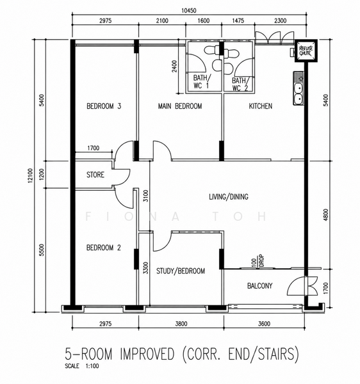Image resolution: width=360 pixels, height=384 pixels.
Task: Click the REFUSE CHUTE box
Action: [306, 51]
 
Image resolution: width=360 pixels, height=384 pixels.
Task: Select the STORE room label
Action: [95, 175]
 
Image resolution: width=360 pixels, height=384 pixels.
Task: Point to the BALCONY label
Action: [260, 286]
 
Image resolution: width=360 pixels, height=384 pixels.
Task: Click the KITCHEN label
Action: [261, 106]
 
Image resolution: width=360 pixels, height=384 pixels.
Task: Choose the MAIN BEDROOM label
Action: [180, 106]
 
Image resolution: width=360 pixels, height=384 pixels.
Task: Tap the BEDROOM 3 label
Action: [104, 106]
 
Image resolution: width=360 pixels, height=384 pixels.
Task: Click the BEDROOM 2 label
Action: [104, 248]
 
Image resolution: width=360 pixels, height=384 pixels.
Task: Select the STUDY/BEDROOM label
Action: [181, 271]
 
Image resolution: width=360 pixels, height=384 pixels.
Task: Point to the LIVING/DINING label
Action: [229, 196]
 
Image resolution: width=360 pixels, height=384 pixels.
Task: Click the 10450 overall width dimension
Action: [189, 10]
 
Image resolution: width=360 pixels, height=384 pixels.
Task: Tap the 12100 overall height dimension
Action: [30, 175]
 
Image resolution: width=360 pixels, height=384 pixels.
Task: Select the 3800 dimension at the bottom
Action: [181, 324]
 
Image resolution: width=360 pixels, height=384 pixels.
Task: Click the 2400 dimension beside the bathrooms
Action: [174, 66]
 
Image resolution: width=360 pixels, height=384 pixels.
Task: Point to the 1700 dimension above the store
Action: [94, 148]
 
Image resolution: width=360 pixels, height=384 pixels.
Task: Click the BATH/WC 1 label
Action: [201, 82]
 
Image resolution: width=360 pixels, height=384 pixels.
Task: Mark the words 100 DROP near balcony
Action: [258, 261]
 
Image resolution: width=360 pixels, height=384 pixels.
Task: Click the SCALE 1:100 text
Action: [81, 366]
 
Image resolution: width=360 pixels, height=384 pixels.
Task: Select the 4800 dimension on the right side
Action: [325, 215]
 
